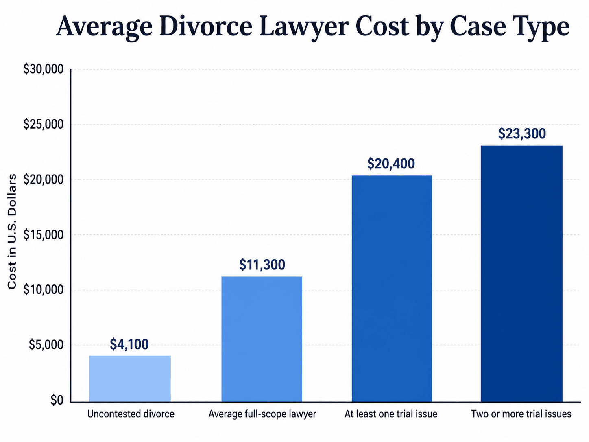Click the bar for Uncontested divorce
[130, 379]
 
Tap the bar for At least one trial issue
[392, 289]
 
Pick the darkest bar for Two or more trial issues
[521, 274]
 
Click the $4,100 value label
[129, 344]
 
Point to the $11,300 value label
[262, 265]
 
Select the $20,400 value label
[391, 164]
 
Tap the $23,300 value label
[522, 134]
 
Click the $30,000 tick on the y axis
[44, 69]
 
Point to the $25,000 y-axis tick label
[44, 125]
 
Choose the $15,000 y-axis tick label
[44, 235]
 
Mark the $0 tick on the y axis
[57, 400]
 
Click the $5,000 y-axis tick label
[46, 345]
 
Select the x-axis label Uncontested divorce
[131, 414]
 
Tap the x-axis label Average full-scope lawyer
[262, 414]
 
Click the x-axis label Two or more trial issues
[521, 414]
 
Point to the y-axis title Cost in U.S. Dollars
[12, 232]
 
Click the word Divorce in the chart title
[206, 27]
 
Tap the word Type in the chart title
[541, 28]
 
